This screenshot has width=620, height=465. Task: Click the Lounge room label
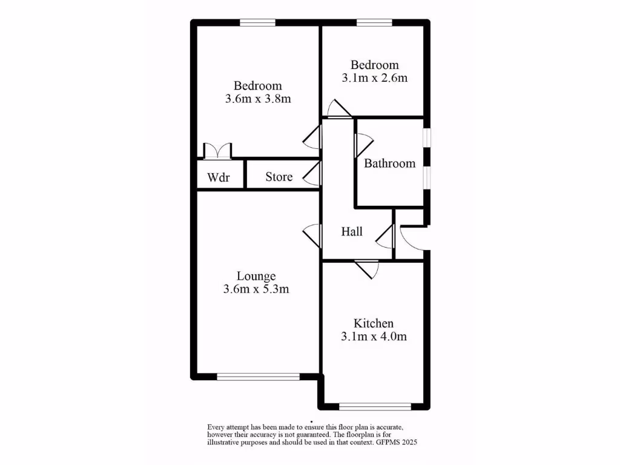(256, 277)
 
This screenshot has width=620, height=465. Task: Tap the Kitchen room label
(374, 323)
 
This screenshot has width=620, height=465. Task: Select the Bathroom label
(389, 163)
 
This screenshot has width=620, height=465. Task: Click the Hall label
(352, 231)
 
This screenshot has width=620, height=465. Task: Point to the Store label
(279, 177)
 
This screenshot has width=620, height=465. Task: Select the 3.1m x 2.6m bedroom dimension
(375, 77)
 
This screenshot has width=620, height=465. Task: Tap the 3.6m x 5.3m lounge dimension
(256, 289)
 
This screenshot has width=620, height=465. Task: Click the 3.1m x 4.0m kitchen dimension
(374, 336)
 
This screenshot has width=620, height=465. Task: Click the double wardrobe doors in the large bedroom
(217, 151)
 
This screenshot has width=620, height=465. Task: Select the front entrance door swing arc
(413, 237)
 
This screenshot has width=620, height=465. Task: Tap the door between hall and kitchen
(366, 268)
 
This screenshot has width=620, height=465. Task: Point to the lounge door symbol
(312, 235)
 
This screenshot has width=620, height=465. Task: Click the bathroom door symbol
(362, 145)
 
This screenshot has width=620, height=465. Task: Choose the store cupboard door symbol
(312, 174)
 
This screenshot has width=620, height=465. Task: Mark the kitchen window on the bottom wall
(375, 406)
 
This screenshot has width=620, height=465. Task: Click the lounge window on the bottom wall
(259, 377)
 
